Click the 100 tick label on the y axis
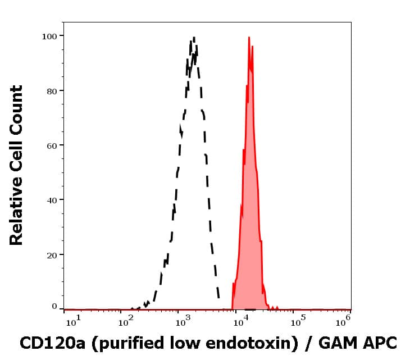click(49, 36)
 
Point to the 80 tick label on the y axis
click(51, 90)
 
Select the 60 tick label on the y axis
click(51, 145)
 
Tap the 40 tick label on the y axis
click(51, 200)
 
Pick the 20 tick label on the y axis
click(51, 254)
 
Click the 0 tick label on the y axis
click(54, 307)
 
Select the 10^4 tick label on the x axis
click(240, 321)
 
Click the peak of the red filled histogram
click(249, 38)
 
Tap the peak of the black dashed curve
click(194, 38)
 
